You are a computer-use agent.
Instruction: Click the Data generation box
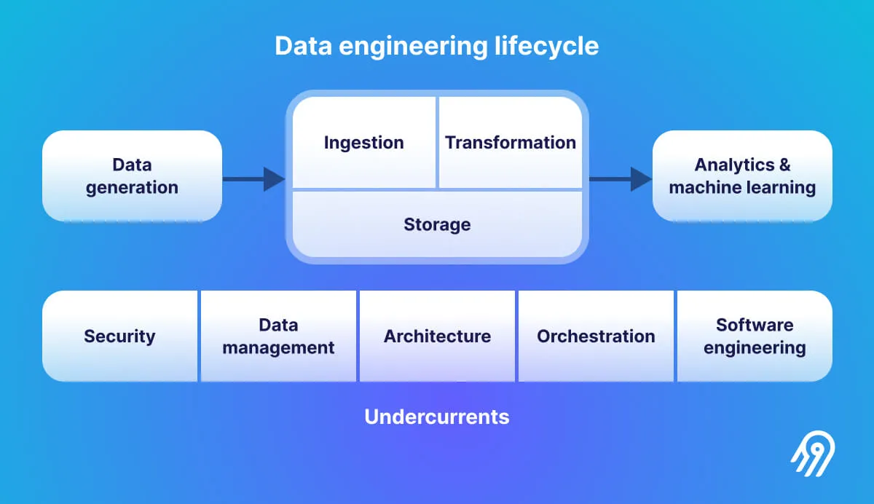click(x=132, y=176)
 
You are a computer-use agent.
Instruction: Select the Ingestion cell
click(x=364, y=143)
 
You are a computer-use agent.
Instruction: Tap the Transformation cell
click(x=511, y=143)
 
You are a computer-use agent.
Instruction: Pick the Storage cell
click(x=437, y=224)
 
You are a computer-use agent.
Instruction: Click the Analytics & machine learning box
click(x=742, y=176)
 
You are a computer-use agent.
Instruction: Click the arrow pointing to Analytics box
click(x=620, y=178)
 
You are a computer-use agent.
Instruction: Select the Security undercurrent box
click(x=120, y=336)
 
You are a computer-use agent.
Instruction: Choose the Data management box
click(x=278, y=336)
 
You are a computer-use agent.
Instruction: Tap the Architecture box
click(x=437, y=336)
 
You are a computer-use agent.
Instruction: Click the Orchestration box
click(x=596, y=336)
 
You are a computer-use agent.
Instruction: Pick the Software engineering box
click(x=755, y=336)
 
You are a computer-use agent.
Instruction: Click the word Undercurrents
click(x=437, y=417)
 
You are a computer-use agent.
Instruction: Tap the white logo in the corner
click(x=813, y=457)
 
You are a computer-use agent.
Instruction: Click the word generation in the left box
click(x=132, y=188)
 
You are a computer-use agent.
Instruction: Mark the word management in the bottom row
click(x=278, y=348)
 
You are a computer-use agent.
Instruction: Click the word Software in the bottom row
click(x=755, y=325)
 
